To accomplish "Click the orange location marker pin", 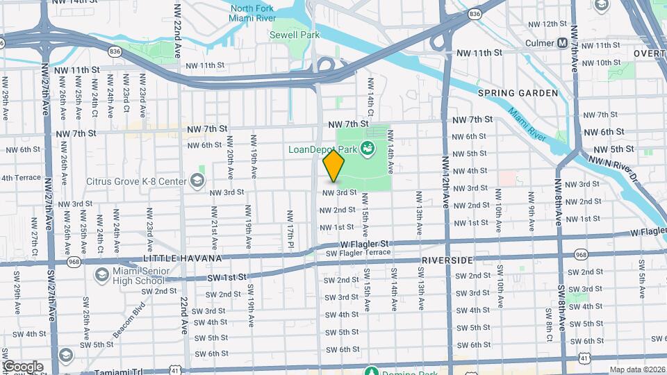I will [334, 166].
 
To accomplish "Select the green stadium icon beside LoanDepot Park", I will [366, 147].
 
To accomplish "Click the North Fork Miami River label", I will [253, 12].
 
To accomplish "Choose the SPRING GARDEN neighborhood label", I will [518, 92].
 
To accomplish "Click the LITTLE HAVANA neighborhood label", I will [181, 258].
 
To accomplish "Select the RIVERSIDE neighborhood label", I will [447, 260].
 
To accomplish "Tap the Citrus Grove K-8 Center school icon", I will [197, 181].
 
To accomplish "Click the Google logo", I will [23, 366].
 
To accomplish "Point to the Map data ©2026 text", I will [637, 369].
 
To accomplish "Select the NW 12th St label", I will [545, 24].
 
